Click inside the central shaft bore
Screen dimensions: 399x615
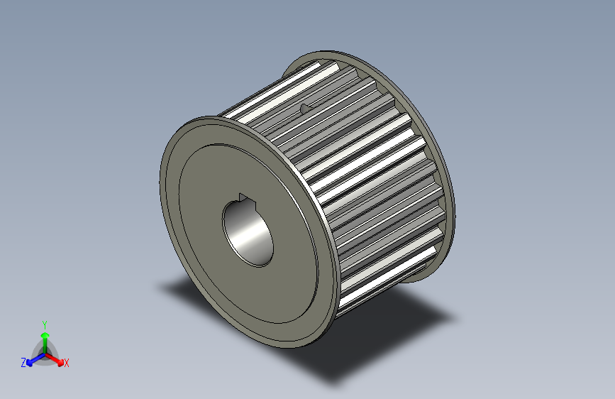(248, 233)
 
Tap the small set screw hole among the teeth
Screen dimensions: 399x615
(305, 108)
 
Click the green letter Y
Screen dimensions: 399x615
(45, 323)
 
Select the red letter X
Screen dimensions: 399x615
(67, 364)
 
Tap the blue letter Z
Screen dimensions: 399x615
(23, 363)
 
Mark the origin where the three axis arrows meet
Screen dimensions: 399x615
(45, 353)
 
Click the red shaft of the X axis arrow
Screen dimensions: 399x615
(52, 357)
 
